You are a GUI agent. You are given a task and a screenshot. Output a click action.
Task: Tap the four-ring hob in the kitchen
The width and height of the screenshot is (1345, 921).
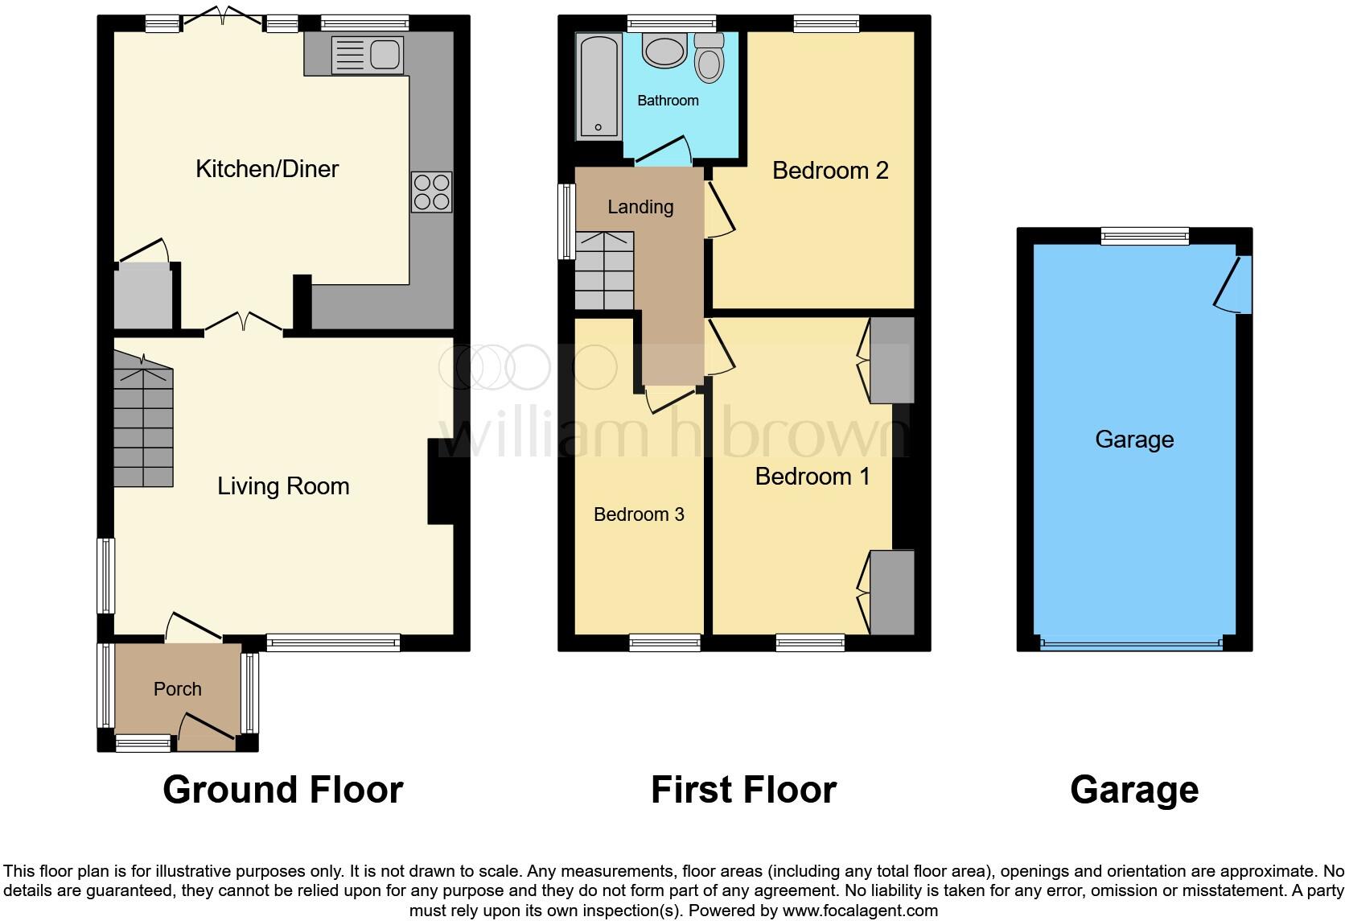[431, 192]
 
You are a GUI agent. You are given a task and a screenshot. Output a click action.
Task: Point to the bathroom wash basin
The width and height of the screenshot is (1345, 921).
[664, 50]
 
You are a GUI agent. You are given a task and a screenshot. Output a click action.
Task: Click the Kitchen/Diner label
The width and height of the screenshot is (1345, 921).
[267, 169]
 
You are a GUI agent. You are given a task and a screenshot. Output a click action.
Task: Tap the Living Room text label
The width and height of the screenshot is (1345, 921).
[283, 486]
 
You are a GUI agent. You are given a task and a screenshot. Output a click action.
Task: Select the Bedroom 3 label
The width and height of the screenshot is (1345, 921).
[639, 514]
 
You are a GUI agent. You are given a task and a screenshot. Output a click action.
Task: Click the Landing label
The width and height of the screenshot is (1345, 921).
[640, 207]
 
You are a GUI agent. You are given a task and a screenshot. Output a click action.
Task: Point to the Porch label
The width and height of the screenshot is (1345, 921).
[177, 689]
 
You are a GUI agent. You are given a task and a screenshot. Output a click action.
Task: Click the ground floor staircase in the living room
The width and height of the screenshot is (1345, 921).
[143, 423]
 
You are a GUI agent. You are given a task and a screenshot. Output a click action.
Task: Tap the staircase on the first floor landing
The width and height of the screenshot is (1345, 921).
[605, 271]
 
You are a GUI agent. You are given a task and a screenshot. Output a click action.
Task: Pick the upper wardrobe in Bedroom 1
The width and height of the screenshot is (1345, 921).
[892, 360]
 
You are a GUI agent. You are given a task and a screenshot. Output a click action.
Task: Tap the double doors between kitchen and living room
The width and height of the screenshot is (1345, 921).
[244, 324]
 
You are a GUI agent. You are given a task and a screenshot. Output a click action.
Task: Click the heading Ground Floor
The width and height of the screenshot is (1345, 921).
[282, 790]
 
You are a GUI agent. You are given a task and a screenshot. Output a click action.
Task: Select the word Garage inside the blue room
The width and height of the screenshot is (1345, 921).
[1134, 440]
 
